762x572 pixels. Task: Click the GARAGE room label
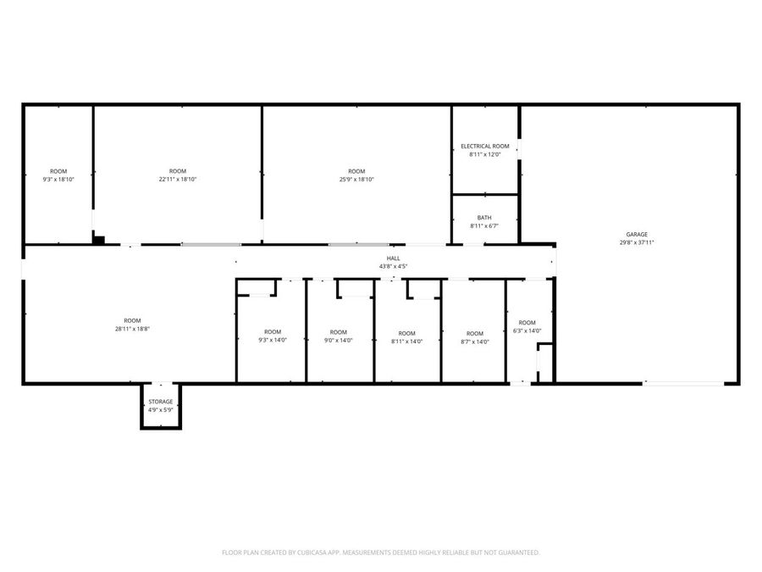[x=637, y=235]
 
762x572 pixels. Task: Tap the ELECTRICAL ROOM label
[x=484, y=147]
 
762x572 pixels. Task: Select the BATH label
[x=484, y=218]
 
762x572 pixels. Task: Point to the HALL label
[x=394, y=258]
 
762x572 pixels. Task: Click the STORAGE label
[x=161, y=402]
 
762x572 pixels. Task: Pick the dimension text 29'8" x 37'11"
[x=637, y=242]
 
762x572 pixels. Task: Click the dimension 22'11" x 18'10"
[x=177, y=180]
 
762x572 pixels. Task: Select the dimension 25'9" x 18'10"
[x=356, y=180]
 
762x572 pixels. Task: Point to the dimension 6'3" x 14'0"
[x=527, y=331]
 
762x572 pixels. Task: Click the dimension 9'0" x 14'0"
[x=339, y=341]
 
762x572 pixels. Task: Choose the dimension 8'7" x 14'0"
[x=475, y=342]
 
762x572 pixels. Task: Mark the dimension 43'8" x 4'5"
[x=394, y=267]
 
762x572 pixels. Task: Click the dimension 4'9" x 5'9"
[x=161, y=410]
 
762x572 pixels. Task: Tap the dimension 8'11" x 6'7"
[x=484, y=226]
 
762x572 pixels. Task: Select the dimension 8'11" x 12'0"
[x=484, y=154]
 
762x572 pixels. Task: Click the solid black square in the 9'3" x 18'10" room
[x=98, y=240]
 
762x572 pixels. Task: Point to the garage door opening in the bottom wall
[x=683, y=384]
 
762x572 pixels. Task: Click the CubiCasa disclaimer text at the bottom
[x=381, y=553]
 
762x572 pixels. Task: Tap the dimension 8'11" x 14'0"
[x=407, y=342]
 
